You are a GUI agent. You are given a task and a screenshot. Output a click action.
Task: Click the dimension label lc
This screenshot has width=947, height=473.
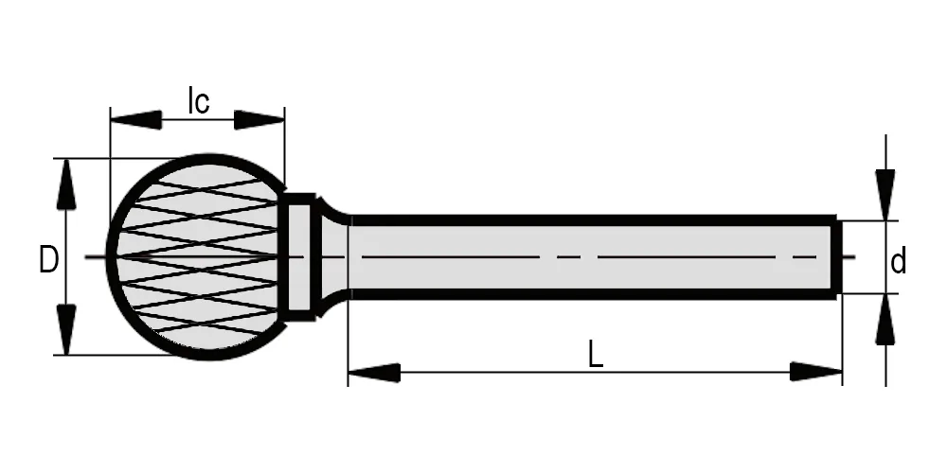coord(199,100)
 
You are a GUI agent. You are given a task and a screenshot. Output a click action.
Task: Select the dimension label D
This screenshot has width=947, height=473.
coord(48,260)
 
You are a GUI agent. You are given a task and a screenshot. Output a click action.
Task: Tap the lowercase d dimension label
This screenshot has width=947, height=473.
coord(899,261)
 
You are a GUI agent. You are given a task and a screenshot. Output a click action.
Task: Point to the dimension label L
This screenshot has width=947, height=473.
coord(596,355)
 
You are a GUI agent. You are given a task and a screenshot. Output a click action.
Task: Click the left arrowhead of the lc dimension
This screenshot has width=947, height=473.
coord(135,119)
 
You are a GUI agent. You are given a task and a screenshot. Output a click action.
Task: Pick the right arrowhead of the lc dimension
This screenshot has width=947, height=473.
coord(259,119)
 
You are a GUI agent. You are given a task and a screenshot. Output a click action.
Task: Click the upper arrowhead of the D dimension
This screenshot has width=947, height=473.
coord(66,184)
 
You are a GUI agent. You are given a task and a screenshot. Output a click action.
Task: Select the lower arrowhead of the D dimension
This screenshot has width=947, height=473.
coord(66,329)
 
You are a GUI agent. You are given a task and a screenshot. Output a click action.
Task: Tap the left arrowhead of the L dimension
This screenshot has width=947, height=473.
coord(374,372)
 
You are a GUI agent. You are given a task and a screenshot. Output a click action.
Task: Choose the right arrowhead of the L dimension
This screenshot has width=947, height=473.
coord(816,372)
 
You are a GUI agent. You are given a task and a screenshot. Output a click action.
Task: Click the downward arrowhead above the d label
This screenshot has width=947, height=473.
coord(885,196)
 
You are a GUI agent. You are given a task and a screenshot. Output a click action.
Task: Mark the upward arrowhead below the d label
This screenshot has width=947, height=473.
coord(885,320)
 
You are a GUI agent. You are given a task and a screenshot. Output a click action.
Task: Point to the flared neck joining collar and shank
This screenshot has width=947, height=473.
coord(333,257)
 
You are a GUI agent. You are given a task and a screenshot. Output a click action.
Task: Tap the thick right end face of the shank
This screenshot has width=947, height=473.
coord(836,257)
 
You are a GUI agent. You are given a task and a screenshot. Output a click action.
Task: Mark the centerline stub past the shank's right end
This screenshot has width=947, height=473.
coord(849,257)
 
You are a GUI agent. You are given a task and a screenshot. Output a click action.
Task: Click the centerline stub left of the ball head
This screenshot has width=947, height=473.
coord(96,257)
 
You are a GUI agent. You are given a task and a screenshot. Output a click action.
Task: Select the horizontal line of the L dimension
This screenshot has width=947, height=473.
coord(595,372)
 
